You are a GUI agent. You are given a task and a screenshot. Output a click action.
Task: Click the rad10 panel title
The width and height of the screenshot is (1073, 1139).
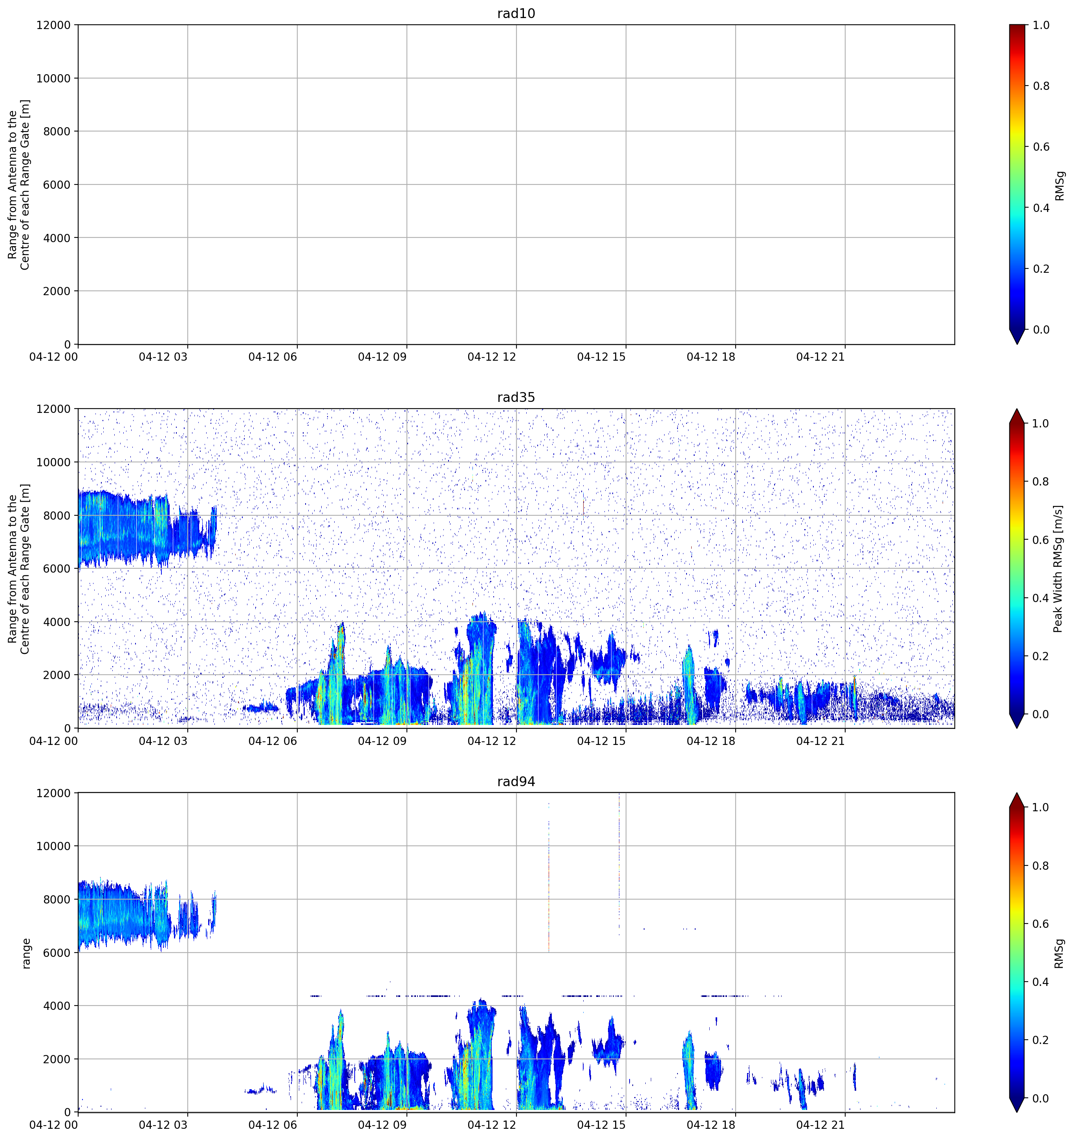click(x=516, y=14)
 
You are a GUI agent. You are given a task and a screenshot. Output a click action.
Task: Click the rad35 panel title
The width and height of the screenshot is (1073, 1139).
click(x=516, y=398)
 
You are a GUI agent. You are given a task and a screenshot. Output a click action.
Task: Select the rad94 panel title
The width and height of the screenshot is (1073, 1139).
click(x=516, y=781)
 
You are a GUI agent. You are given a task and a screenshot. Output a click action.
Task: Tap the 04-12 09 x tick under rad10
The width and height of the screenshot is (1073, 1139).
click(x=382, y=357)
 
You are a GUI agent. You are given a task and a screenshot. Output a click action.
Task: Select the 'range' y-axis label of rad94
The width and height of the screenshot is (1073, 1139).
click(x=26, y=953)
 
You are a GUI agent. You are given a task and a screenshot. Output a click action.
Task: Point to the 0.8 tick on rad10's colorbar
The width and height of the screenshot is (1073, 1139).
click(x=1041, y=86)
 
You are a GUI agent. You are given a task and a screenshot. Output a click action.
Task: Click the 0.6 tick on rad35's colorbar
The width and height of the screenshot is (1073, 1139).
click(x=1041, y=540)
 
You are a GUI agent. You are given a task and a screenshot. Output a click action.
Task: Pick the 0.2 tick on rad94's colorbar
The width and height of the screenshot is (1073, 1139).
click(x=1041, y=1040)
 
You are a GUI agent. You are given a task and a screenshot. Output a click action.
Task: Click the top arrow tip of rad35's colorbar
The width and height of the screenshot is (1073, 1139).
click(x=1017, y=409)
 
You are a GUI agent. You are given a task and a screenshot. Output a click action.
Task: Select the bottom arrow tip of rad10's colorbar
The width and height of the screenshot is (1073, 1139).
click(x=1017, y=344)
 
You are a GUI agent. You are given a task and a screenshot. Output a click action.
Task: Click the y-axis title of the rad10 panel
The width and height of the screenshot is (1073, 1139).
click(x=19, y=184)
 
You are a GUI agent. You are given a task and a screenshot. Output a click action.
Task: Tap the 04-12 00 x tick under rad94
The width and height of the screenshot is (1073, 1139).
click(x=53, y=1125)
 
